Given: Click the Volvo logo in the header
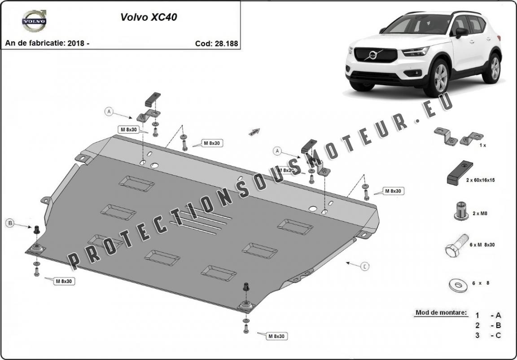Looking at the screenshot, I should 34,21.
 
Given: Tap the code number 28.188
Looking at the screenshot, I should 216,44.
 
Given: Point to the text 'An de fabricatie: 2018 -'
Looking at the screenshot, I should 47,44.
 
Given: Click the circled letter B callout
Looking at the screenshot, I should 10,223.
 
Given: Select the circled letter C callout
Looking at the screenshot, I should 365,267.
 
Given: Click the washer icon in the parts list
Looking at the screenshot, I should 458,284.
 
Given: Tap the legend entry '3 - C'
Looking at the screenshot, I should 488,335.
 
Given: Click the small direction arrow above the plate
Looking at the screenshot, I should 254,131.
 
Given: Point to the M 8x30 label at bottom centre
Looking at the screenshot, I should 277,335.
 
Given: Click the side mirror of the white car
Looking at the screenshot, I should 461,32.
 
